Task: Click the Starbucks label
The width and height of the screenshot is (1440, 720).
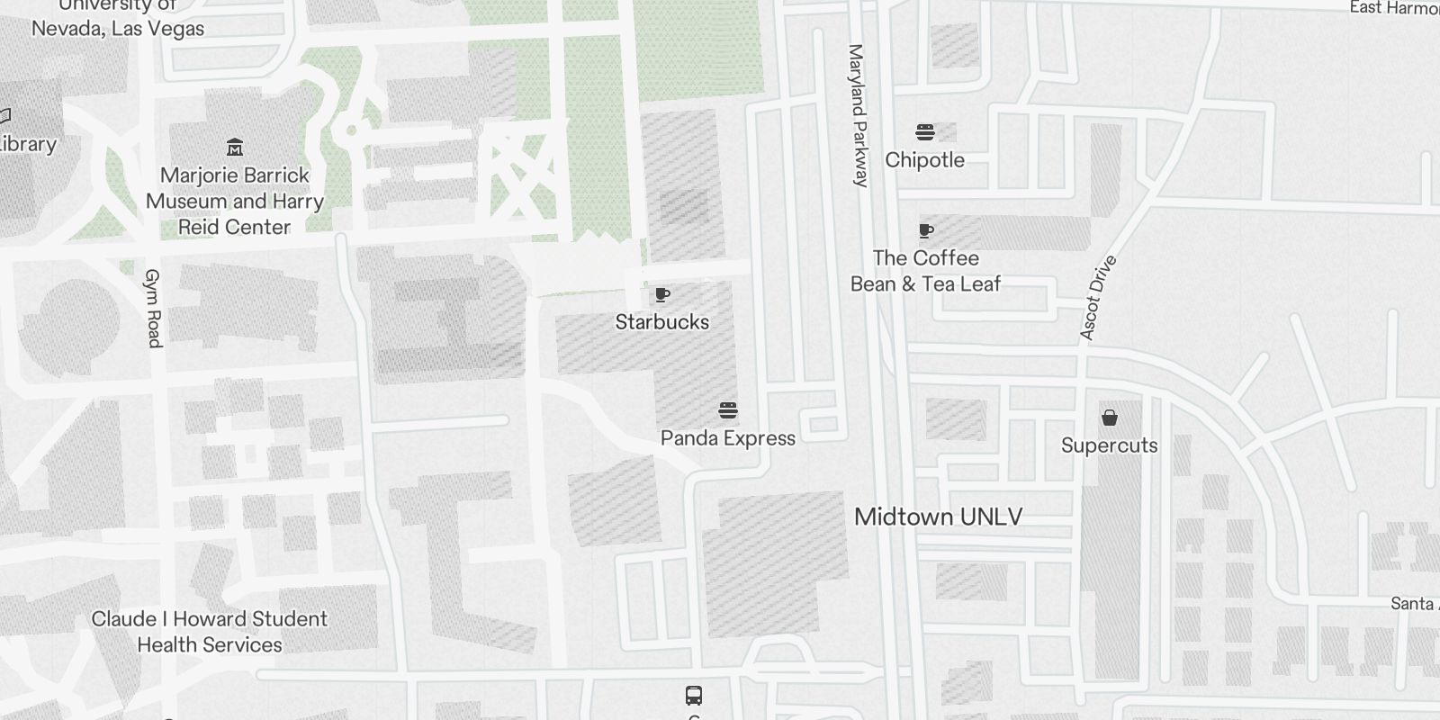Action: (661, 321)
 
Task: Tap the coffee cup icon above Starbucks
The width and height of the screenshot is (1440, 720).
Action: (662, 295)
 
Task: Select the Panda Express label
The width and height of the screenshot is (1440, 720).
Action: (727, 438)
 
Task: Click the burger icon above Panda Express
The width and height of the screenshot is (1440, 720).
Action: (728, 411)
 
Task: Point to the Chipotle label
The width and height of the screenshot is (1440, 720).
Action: (924, 160)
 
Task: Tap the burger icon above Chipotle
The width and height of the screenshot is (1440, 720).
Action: (924, 133)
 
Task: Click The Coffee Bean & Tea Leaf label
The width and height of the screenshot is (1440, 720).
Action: (925, 271)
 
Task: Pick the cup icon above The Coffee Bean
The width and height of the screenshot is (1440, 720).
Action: (925, 231)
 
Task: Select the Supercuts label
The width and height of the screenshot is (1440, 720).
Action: (1109, 445)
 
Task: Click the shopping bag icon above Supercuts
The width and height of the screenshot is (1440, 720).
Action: (1110, 418)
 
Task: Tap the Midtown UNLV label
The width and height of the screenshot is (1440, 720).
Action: (938, 517)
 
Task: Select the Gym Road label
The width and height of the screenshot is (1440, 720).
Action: (153, 308)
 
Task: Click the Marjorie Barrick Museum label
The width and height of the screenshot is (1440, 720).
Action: (234, 201)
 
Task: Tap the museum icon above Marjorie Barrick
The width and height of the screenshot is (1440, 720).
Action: (235, 147)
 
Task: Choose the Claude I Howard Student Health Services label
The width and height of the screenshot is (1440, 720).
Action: (210, 632)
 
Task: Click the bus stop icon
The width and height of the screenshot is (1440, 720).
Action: (694, 695)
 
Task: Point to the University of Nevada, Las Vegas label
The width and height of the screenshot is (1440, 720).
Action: (118, 18)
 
